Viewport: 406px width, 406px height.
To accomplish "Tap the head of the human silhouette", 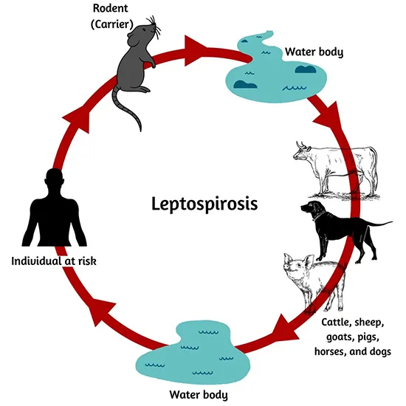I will pos(53,179).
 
